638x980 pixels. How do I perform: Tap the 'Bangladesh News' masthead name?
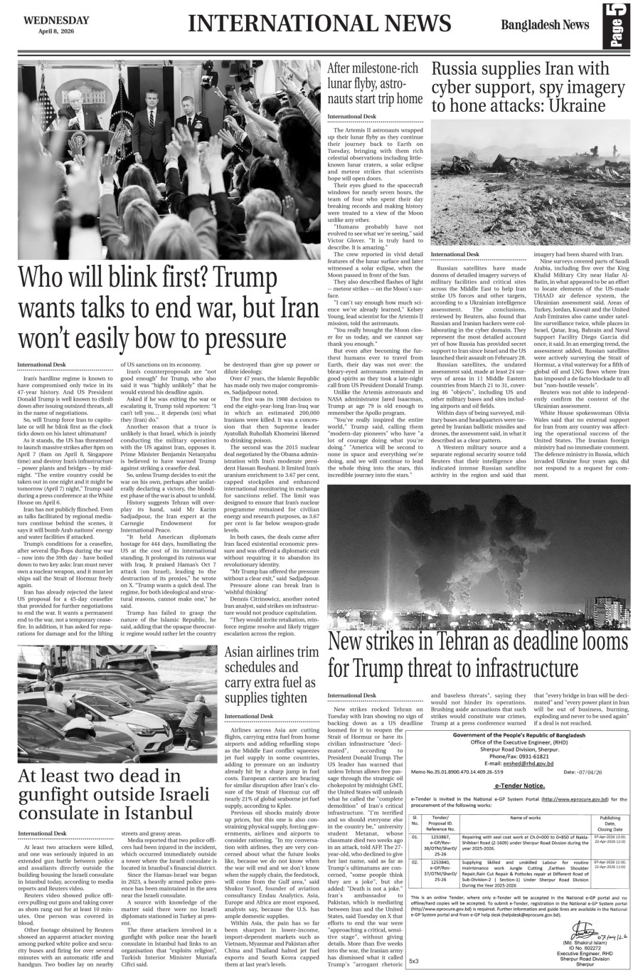[544, 25]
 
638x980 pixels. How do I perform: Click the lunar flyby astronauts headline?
[374, 83]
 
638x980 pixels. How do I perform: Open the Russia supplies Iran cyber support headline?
[521, 87]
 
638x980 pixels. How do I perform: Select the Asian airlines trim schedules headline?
[271, 675]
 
